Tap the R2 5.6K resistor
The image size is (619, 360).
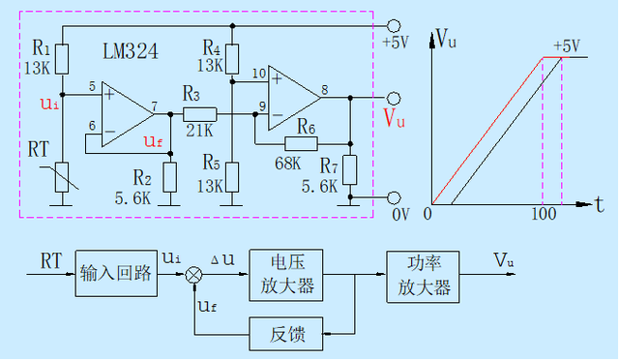pyautogui.click(x=170, y=176)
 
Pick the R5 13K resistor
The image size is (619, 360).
pyautogui.click(x=232, y=176)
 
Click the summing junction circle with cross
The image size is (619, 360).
pyautogui.click(x=194, y=275)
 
